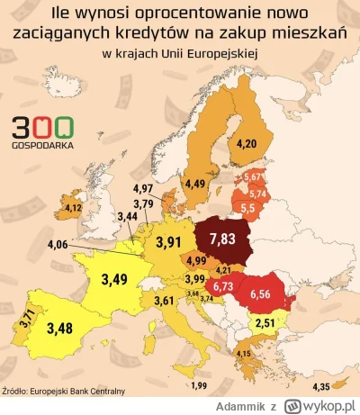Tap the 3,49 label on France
114,279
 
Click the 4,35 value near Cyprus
319,387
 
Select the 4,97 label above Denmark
143,187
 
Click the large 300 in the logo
37,129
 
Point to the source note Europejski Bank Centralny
64,390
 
